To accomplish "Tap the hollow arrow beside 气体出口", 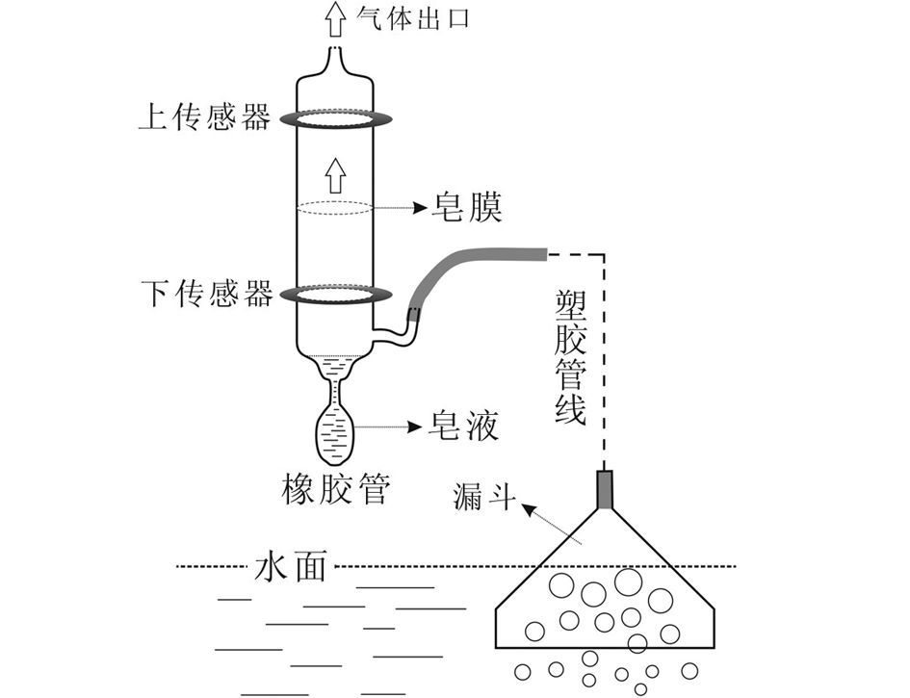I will click(x=334, y=18).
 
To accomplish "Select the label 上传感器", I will click(x=204, y=117).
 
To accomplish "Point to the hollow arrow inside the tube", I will click(x=334, y=174).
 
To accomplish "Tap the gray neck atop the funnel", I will click(x=605, y=489).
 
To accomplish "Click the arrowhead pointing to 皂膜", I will click(x=421, y=207).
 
